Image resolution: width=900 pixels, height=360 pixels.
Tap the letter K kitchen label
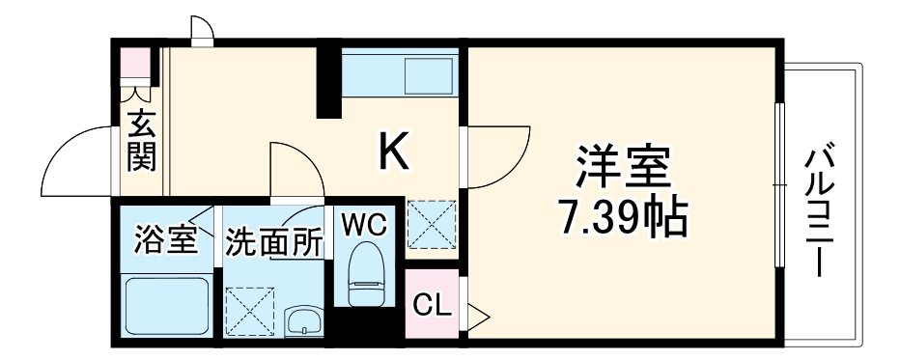click(395, 150)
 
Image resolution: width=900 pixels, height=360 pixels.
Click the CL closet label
click(432, 307)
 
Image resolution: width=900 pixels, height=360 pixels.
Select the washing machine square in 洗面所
click(250, 308)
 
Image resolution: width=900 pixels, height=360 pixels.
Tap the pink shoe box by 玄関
click(136, 65)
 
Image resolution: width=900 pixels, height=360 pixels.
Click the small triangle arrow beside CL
click(477, 312)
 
